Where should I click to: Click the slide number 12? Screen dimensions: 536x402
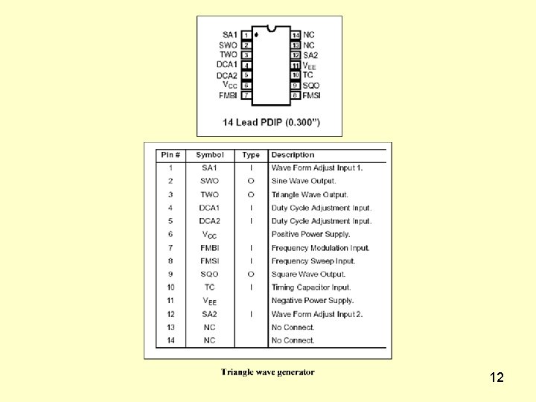pyautogui.click(x=497, y=377)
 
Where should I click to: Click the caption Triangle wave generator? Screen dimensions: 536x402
pyautogui.click(x=267, y=372)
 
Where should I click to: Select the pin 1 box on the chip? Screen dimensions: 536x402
pyautogui.click(x=246, y=35)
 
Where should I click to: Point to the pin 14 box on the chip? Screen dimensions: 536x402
pyautogui.click(x=296, y=35)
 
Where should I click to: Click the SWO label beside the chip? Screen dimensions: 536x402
pyautogui.click(x=229, y=45)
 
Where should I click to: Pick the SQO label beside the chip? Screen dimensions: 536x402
pyautogui.click(x=310, y=85)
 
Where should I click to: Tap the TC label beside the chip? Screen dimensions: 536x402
pyautogui.click(x=307, y=74)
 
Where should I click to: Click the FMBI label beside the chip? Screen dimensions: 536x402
pyautogui.click(x=228, y=95)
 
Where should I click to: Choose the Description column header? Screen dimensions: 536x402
pyautogui.click(x=293, y=155)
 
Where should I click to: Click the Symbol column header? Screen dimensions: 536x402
pyautogui.click(x=209, y=155)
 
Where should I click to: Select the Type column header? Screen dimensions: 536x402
pyautogui.click(x=251, y=155)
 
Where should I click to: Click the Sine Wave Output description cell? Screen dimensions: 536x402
pyautogui.click(x=304, y=181)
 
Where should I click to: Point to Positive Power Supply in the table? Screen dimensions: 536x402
pyautogui.click(x=310, y=234)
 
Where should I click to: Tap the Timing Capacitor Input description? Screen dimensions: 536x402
pyautogui.click(x=311, y=287)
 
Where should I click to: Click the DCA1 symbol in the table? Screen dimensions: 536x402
pyautogui.click(x=209, y=208)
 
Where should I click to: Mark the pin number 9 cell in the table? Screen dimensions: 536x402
pyautogui.click(x=170, y=274)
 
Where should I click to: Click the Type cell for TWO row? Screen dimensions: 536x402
pyautogui.click(x=251, y=194)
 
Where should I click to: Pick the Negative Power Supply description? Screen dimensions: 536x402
pyautogui.click(x=312, y=301)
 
